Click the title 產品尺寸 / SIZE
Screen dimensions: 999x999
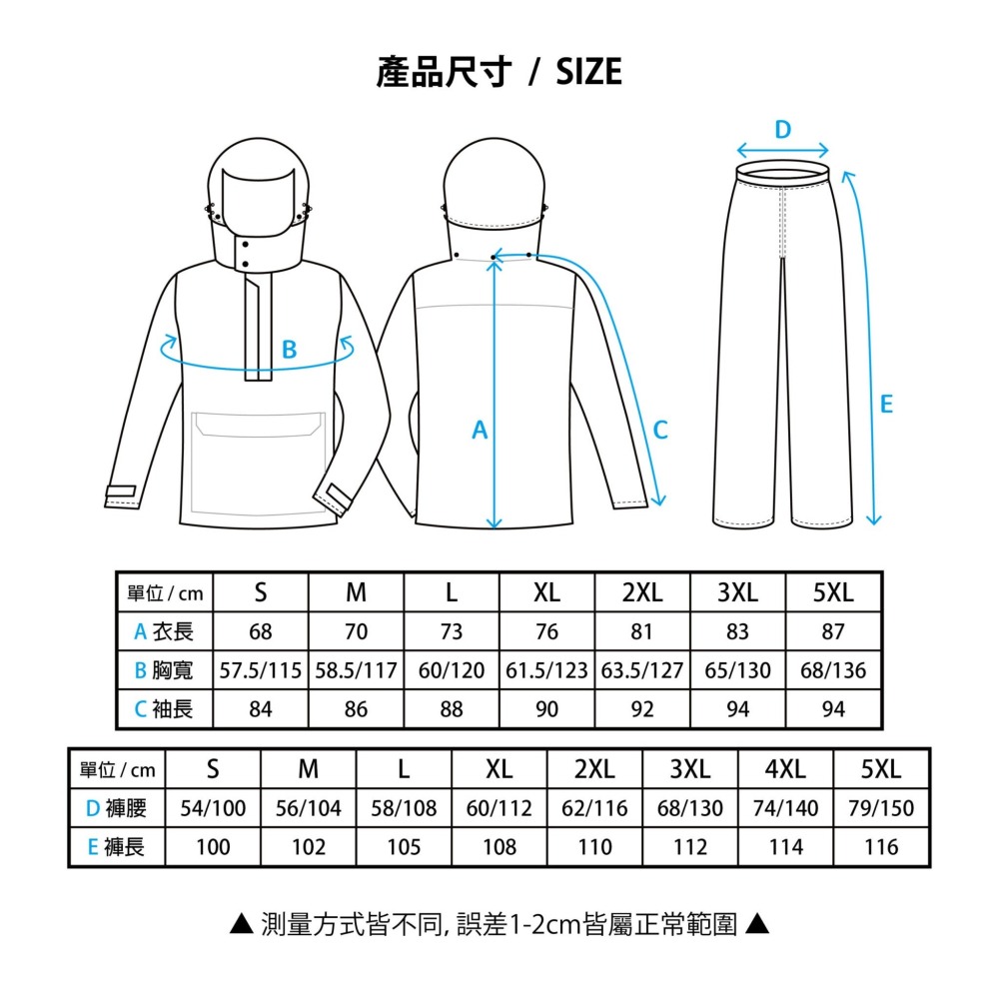[499, 72]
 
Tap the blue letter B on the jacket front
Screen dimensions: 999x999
[289, 351]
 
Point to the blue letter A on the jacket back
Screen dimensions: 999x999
[480, 431]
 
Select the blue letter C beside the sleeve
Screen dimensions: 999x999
[660, 431]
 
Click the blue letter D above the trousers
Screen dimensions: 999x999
[783, 130]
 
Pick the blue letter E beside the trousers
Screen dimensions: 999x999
[886, 405]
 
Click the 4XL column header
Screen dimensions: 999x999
[785, 769]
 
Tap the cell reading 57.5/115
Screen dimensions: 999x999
[260, 670]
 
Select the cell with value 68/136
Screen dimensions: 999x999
[833, 670]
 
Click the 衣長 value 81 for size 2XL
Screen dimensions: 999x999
[642, 631]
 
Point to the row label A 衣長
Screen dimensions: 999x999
[164, 631]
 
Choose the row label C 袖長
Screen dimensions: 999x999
[164, 709]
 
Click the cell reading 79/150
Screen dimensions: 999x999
[882, 808]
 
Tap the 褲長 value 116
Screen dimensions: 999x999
[882, 847]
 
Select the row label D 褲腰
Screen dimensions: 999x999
[116, 808]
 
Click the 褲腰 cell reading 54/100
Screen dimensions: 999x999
[213, 808]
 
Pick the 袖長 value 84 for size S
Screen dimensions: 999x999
[260, 709]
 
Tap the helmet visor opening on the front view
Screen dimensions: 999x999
[258, 200]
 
